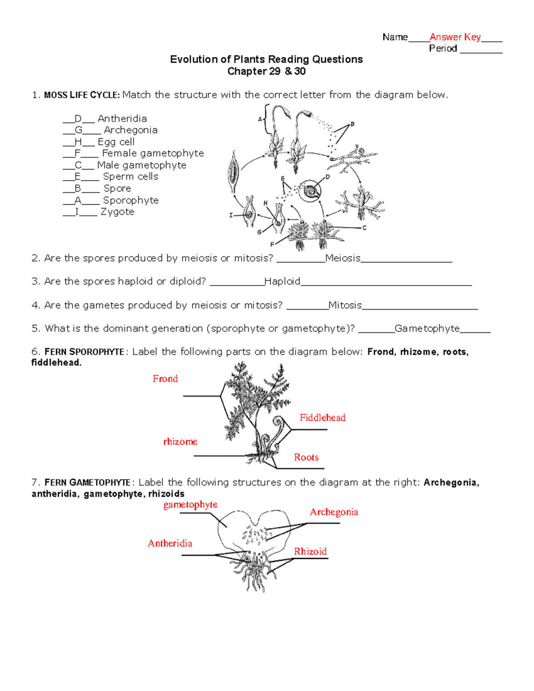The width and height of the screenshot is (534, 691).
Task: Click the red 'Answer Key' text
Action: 455,37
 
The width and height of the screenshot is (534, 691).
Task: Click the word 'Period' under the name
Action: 443,48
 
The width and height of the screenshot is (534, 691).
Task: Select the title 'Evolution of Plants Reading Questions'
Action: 266,59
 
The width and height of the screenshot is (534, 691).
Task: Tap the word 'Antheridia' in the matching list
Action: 122,118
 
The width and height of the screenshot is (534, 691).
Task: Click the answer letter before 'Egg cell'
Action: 78,142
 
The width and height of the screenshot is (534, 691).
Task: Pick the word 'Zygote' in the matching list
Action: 117,212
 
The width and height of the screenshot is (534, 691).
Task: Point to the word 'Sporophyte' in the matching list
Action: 131,200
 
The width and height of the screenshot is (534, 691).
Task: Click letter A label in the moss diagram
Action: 260,119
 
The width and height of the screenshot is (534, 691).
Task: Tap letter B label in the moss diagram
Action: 352,124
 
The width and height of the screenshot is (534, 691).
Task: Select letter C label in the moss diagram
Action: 364,228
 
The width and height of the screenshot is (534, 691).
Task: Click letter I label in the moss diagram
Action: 231,215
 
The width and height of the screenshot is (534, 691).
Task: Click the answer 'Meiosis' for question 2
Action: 343,258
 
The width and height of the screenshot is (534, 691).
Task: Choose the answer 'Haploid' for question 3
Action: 282,281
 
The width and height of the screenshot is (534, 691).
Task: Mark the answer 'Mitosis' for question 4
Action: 345,305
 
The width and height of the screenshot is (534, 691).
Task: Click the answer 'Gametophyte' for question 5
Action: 427,328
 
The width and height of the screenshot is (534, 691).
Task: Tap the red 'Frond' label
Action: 165,379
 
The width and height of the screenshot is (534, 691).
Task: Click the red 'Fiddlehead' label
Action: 322,417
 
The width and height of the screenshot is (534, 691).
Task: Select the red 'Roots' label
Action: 306,457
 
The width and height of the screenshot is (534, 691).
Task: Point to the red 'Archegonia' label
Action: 334,512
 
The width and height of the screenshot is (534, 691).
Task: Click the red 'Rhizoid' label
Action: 310,552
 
